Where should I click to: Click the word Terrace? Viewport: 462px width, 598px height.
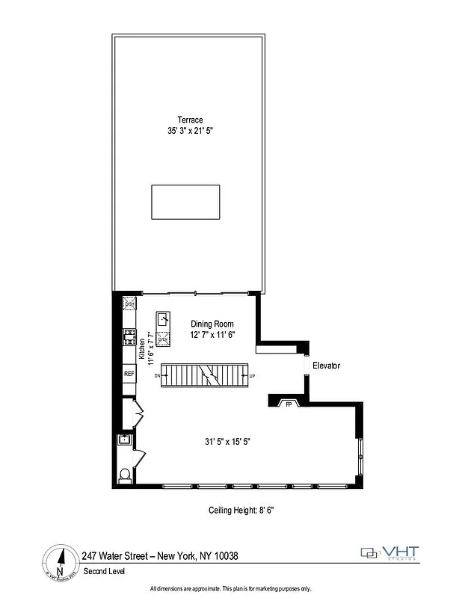pos(190,120)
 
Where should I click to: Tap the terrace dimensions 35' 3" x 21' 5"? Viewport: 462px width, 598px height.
pos(190,131)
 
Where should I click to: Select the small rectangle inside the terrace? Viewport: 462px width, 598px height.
pos(186,202)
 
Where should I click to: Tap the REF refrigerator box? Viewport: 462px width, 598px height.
pos(129,374)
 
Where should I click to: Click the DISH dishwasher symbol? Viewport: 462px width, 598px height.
pos(129,303)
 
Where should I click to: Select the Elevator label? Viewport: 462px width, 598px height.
pos(327,366)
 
